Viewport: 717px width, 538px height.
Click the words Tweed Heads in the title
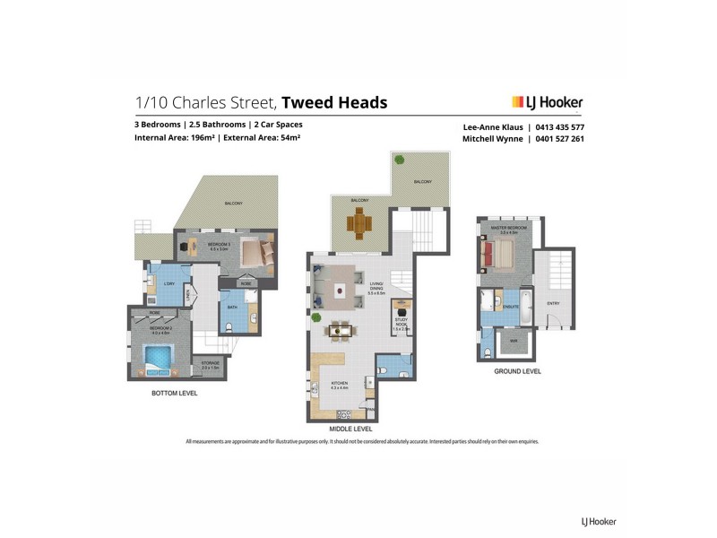(334, 102)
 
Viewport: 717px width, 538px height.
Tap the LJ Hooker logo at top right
(547, 102)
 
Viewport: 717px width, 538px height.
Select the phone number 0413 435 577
(560, 127)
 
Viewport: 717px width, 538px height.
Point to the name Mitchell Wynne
(492, 139)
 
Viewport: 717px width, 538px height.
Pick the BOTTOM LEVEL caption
(175, 393)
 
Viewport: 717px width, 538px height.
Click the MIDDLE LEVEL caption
(350, 430)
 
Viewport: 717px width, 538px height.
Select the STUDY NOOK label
(401, 324)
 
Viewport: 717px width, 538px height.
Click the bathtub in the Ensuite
(525, 302)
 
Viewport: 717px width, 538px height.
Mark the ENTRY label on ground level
(553, 303)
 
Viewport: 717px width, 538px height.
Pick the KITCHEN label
(315, 384)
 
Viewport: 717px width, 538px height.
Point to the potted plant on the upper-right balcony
(400, 160)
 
